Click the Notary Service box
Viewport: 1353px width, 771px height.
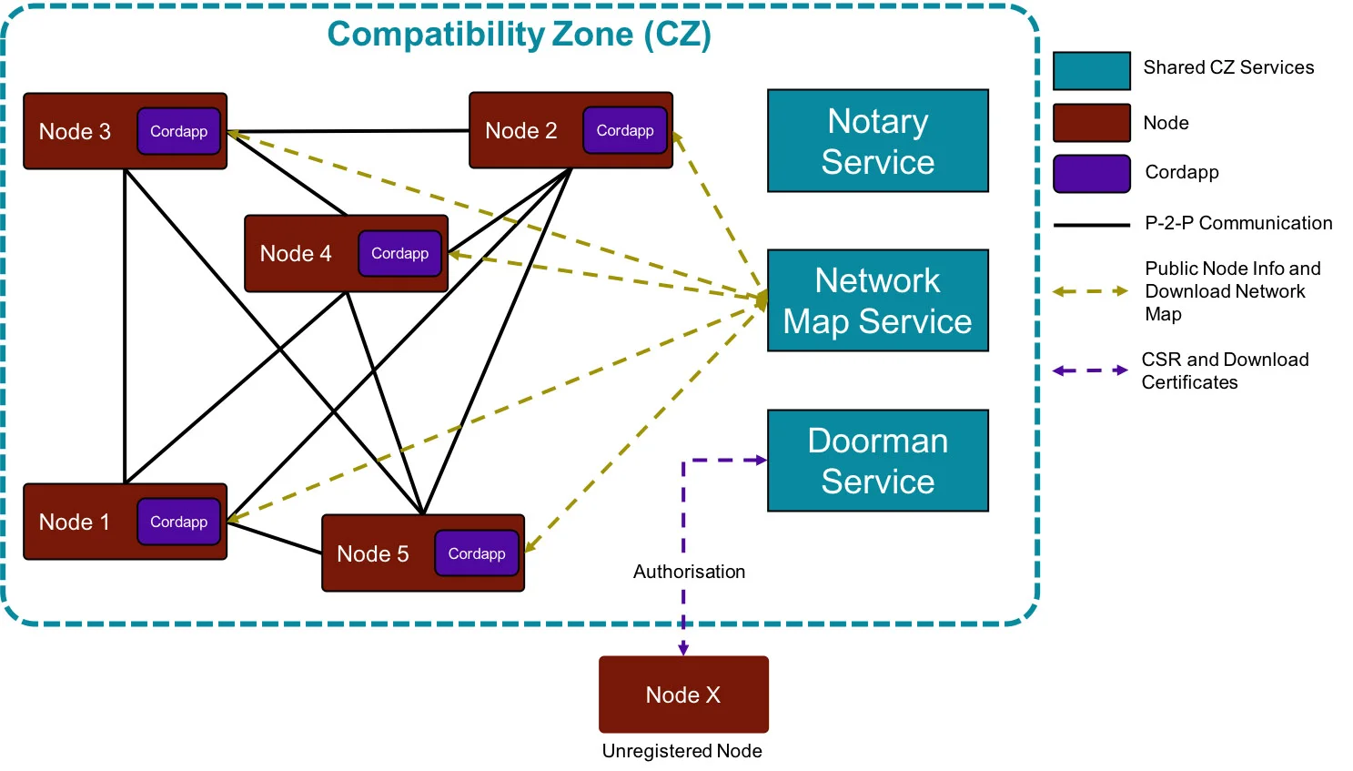click(877, 141)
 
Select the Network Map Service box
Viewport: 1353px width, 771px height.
click(877, 300)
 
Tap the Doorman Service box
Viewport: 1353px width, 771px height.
click(877, 461)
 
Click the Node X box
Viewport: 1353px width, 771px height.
click(683, 695)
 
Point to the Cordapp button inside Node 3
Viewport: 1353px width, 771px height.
click(178, 131)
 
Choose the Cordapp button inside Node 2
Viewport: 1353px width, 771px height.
click(625, 130)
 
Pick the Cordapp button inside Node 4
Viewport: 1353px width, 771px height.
click(399, 253)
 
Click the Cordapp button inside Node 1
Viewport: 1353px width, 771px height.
click(178, 522)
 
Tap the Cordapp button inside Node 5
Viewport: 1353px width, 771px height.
click(476, 553)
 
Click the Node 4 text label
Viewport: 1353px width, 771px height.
click(296, 254)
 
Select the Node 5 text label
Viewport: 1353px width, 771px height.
click(372, 554)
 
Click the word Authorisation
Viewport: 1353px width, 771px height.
click(689, 572)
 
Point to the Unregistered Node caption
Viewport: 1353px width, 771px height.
click(682, 751)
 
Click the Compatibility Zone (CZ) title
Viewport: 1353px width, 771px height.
click(519, 35)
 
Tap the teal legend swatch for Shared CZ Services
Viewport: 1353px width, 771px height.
click(1091, 71)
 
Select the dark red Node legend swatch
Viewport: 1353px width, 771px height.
click(1091, 123)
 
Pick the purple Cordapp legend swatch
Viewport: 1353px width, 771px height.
click(1091, 174)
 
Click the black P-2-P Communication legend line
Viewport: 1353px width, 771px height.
click(1091, 225)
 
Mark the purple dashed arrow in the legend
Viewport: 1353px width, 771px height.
click(1090, 370)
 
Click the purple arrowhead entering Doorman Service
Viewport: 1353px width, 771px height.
click(761, 461)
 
